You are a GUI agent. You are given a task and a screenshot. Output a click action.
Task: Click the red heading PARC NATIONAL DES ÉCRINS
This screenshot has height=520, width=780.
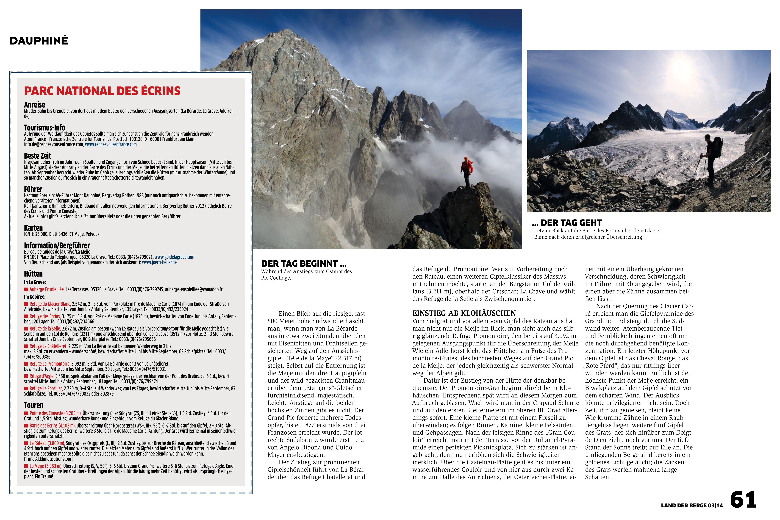click(x=102, y=91)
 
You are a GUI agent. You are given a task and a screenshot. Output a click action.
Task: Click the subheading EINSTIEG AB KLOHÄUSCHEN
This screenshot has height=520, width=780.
click(x=464, y=313)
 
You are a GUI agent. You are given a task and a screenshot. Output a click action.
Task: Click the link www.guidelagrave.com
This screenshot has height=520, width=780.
click(x=174, y=257)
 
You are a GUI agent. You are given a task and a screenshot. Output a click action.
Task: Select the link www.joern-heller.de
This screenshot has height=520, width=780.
click(x=159, y=262)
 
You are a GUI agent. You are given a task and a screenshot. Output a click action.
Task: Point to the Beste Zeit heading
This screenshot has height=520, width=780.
click(x=37, y=156)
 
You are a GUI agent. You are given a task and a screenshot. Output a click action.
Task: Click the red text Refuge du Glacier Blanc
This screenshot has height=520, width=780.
click(x=50, y=304)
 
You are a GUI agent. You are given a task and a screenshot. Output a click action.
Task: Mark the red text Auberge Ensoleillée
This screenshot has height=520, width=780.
click(x=47, y=289)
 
